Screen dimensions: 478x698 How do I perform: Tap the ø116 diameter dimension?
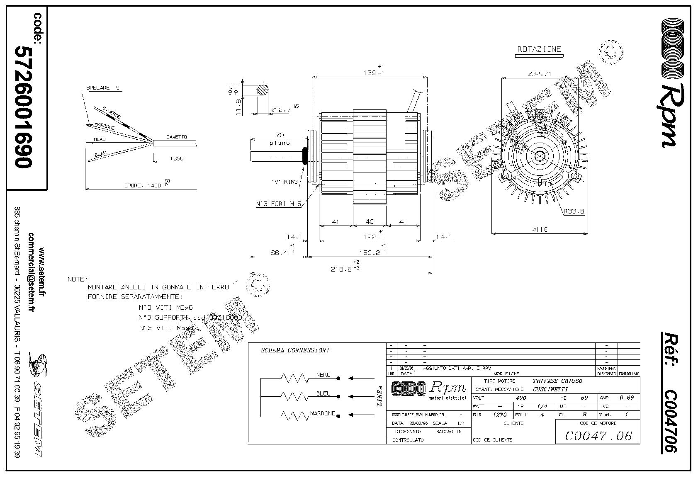coord(539,229)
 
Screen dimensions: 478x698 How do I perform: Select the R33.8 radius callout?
coord(574,211)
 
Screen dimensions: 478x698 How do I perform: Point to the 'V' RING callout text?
coord(285,182)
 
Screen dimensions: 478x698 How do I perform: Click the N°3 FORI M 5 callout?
coord(278,204)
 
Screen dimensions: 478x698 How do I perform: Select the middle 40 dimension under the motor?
coord(369,222)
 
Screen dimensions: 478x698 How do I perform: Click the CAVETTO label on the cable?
coord(177,137)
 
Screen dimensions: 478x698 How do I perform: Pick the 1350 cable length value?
coord(177,158)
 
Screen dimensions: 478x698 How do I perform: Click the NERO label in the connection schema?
coord(323,375)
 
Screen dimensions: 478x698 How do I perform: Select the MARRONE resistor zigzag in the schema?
coord(294,415)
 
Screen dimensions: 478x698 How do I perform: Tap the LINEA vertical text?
coord(380,396)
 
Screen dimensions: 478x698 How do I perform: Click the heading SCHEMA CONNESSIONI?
coord(295,350)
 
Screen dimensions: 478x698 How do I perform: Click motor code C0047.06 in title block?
coord(598,436)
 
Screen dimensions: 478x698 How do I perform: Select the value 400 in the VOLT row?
coord(521,398)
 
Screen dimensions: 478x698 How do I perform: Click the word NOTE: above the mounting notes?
coord(78,279)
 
